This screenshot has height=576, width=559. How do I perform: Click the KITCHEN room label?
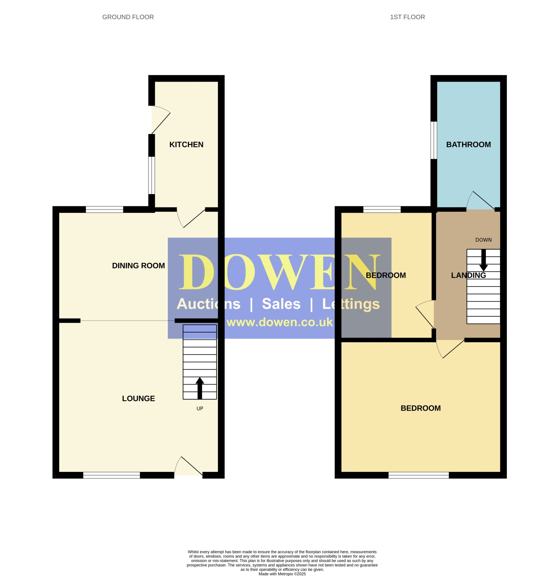tap(186, 145)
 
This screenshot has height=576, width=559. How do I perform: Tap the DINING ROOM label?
tap(138, 266)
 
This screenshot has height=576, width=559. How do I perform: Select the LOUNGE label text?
tap(139, 398)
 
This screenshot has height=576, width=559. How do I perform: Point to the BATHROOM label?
tap(468, 145)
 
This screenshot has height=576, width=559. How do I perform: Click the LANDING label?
tap(468, 275)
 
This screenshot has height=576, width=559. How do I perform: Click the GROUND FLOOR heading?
tap(128, 17)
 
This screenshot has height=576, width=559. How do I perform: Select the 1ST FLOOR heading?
tap(407, 17)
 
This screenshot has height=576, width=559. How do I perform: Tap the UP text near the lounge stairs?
tap(200, 408)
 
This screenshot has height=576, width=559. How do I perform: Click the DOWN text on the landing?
tap(483, 240)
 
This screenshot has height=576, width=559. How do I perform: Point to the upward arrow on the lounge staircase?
tap(200, 388)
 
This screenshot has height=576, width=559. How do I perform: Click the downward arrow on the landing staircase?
tap(483, 260)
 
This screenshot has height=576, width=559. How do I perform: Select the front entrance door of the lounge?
tap(189, 466)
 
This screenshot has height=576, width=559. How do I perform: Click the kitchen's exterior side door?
tap(161, 120)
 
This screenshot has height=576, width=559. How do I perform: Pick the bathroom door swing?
tap(481, 200)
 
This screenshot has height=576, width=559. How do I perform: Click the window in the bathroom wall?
tap(434, 140)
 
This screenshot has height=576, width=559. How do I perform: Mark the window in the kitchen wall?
tap(151, 175)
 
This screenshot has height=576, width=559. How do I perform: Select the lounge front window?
tap(111, 475)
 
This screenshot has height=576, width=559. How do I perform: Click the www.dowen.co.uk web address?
tap(279, 322)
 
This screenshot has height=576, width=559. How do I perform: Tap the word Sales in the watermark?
tap(281, 304)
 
